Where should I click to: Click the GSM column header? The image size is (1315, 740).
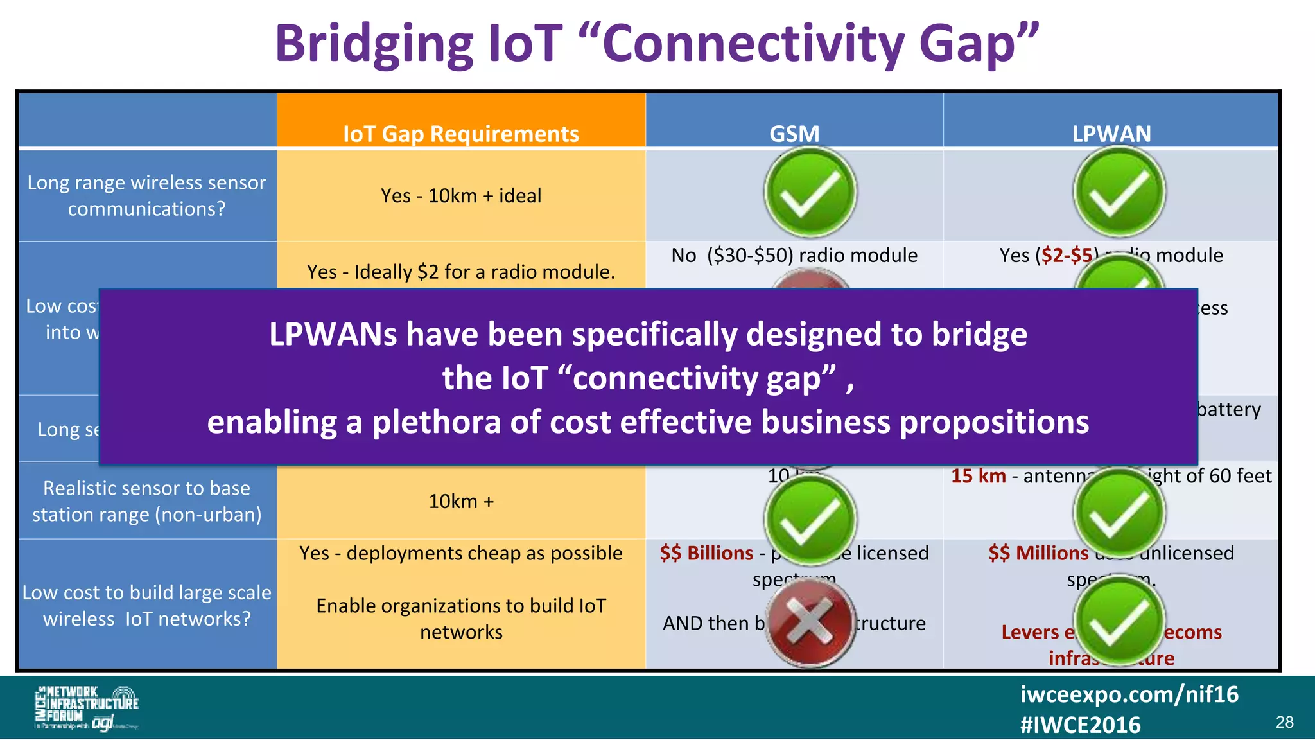point(794,134)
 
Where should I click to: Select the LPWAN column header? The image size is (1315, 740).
point(1111,134)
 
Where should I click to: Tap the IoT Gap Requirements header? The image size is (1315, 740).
point(461,134)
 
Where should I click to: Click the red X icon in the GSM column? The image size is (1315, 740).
point(810,621)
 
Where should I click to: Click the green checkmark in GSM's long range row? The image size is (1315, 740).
point(810,192)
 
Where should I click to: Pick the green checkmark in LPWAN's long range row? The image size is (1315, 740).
point(1119,192)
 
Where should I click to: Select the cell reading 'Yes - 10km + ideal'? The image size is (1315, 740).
point(461,195)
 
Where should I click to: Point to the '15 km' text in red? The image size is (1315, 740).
point(978,476)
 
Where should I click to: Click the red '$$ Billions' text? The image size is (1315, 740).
point(706,553)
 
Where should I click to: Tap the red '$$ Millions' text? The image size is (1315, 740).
point(1038,553)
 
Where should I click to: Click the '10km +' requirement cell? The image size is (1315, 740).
point(461,501)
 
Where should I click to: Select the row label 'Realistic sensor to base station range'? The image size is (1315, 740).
point(147,501)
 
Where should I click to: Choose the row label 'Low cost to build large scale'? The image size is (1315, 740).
point(147,605)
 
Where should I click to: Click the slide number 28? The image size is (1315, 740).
point(1284,722)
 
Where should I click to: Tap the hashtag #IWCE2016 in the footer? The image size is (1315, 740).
point(1080,725)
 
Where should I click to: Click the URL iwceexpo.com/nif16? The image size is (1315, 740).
point(1129,694)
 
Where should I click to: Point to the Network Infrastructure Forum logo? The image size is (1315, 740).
point(87,707)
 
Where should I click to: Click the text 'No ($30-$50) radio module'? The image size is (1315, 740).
point(794,255)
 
